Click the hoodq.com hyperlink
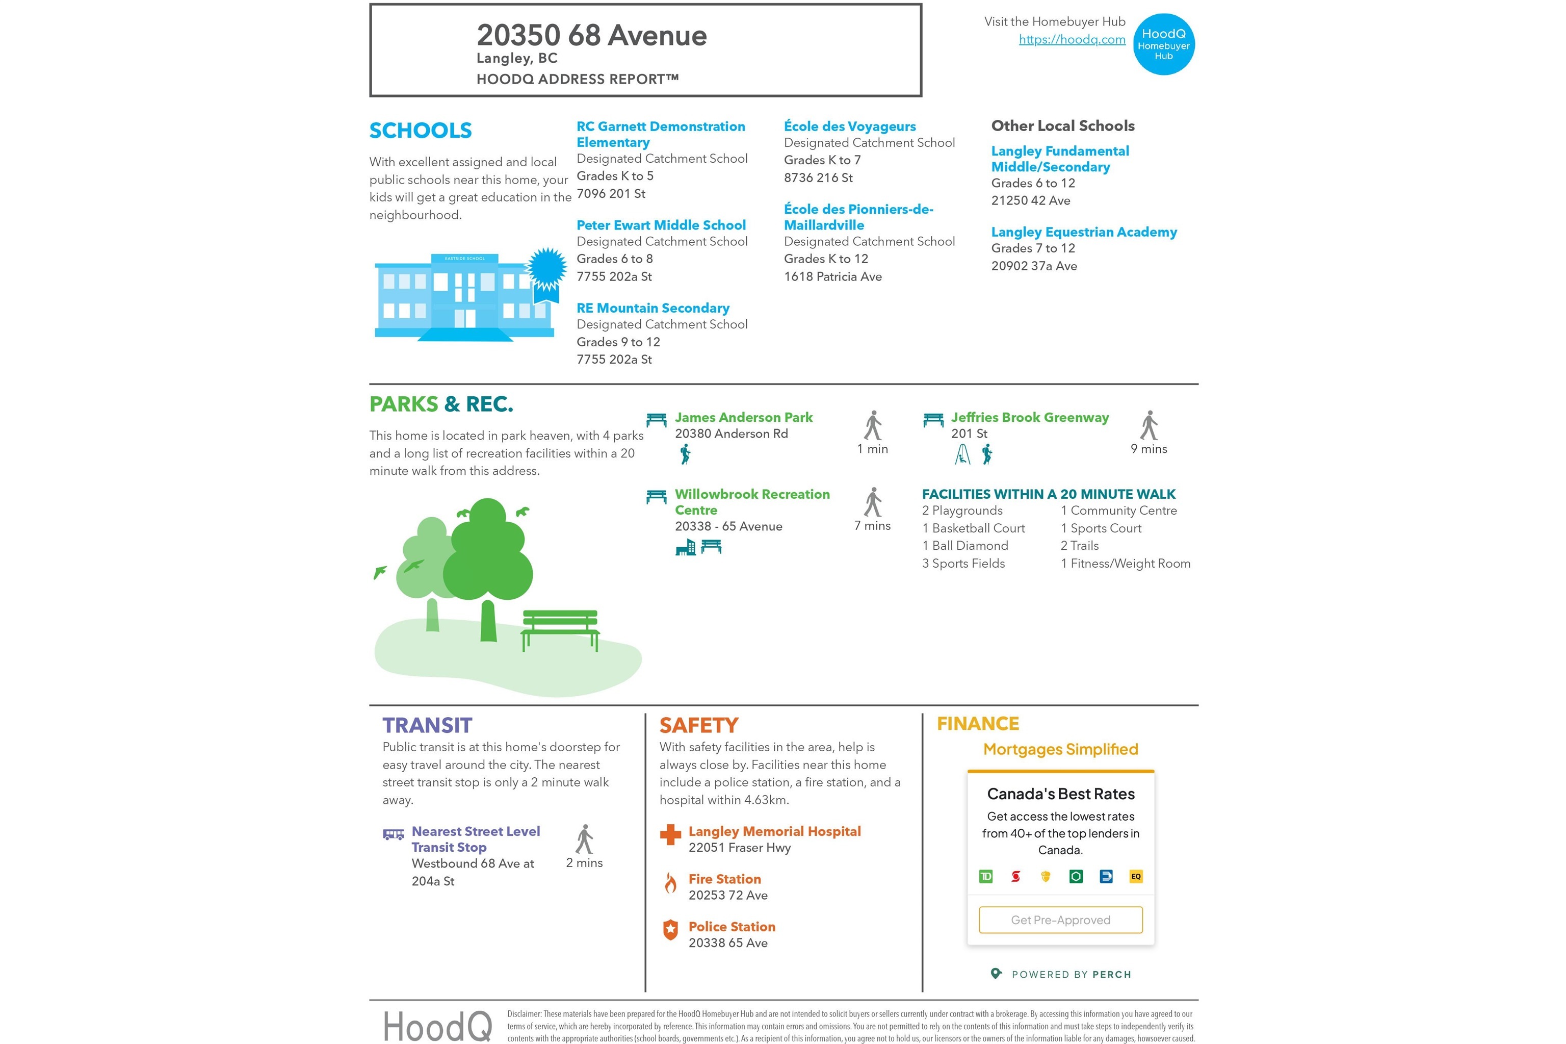(x=1072, y=39)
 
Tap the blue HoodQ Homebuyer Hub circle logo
(x=1163, y=44)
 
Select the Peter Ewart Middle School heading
(x=660, y=225)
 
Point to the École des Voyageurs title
(x=849, y=126)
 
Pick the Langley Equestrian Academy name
(x=1083, y=232)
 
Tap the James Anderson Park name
(x=743, y=418)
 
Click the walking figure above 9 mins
(x=1149, y=425)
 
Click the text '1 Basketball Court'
(x=973, y=528)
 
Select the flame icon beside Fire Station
(x=670, y=883)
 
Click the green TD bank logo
(x=986, y=876)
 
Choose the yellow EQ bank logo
(x=1135, y=876)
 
